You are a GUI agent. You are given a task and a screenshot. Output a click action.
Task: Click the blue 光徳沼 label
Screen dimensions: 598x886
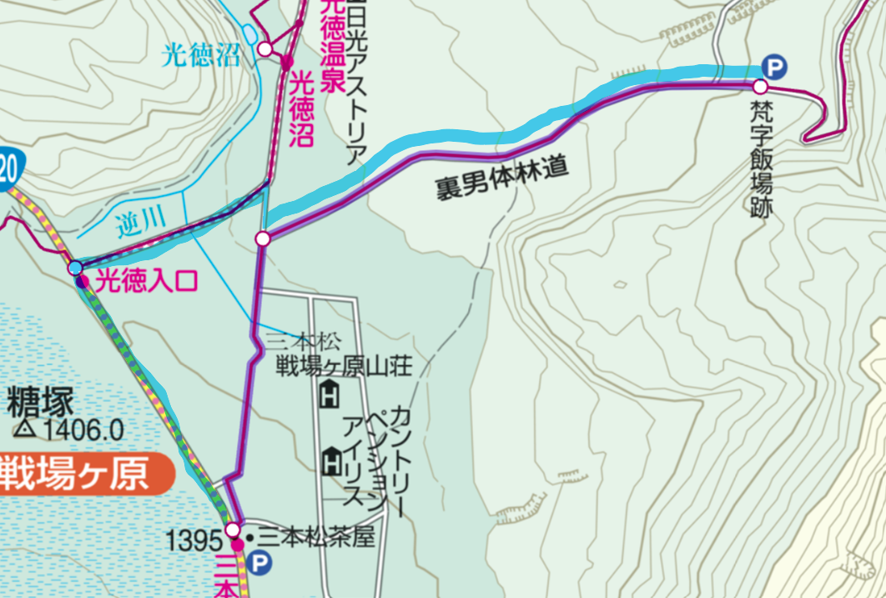[x=201, y=56]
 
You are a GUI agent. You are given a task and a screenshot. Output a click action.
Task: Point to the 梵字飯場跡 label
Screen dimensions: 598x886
[x=760, y=158]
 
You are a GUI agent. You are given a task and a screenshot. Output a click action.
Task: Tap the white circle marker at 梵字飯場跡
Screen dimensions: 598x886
[x=760, y=87]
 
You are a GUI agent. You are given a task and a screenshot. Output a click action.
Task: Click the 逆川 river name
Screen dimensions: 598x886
[x=138, y=221]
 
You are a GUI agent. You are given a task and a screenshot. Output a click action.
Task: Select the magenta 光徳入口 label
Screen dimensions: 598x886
[x=147, y=281]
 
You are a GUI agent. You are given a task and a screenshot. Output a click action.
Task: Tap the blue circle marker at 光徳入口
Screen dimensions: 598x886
[x=76, y=267]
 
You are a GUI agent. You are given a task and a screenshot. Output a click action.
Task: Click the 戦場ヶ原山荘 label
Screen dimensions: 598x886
[x=344, y=365]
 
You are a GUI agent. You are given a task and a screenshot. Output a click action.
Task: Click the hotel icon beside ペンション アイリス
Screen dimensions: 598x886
[x=332, y=458]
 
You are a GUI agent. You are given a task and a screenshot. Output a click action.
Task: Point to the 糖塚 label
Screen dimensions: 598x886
[x=40, y=404]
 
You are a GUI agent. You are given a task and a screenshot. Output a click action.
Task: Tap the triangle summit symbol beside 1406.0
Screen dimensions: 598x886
[x=25, y=430]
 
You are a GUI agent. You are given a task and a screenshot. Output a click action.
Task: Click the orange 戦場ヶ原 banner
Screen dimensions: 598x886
[x=83, y=475]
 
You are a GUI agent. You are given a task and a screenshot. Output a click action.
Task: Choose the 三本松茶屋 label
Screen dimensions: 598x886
[x=317, y=538]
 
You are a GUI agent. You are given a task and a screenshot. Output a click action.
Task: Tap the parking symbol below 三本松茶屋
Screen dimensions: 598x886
[x=261, y=565]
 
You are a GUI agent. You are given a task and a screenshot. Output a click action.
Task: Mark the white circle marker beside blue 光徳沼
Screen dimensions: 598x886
[x=265, y=49]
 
